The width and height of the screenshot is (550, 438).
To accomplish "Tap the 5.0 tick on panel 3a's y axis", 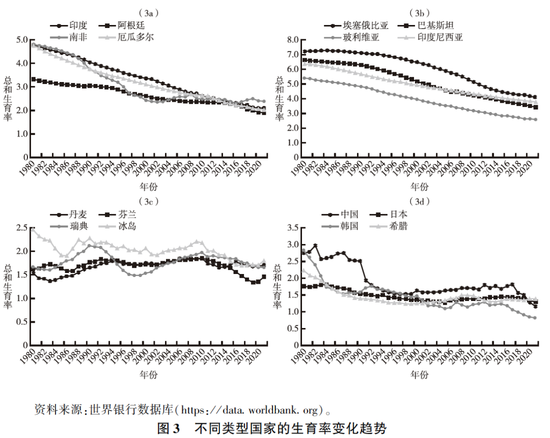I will (x=21, y=40).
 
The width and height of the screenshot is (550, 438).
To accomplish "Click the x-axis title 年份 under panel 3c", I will (x=149, y=374).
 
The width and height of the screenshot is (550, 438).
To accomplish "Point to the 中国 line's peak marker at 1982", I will (x=315, y=245).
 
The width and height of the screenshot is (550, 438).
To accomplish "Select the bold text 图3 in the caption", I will (x=169, y=427).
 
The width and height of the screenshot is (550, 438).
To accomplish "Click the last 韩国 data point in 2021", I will (x=535, y=318).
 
